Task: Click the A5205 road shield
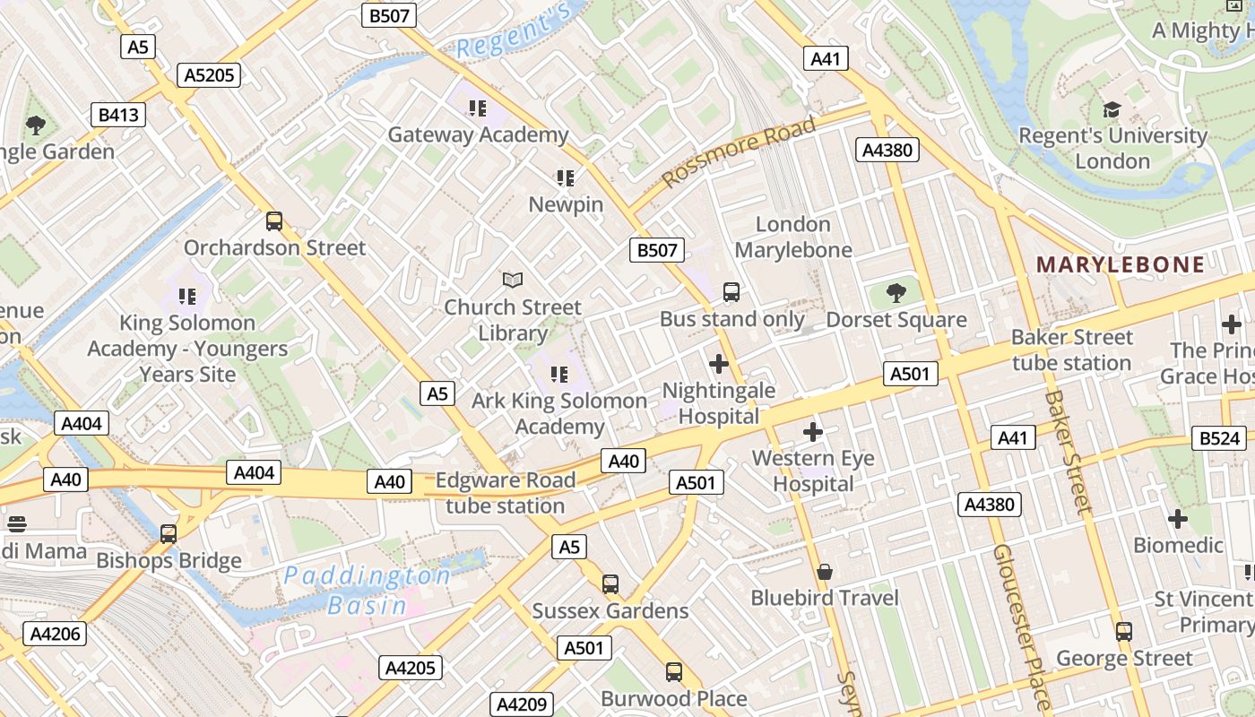209,75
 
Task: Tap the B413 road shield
118,115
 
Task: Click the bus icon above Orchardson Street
274,220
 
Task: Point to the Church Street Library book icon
513,281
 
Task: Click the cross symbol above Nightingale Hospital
719,364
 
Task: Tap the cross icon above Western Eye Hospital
813,432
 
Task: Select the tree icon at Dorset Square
896,292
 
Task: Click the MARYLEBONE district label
1121,264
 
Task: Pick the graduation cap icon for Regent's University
1112,110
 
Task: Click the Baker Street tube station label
1072,350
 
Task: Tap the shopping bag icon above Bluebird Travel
825,571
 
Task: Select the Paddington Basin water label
368,590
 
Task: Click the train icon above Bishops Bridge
169,534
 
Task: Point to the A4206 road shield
56,634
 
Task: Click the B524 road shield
1220,438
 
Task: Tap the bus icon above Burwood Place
673,671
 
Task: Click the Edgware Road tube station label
506,493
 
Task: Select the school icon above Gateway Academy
478,108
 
